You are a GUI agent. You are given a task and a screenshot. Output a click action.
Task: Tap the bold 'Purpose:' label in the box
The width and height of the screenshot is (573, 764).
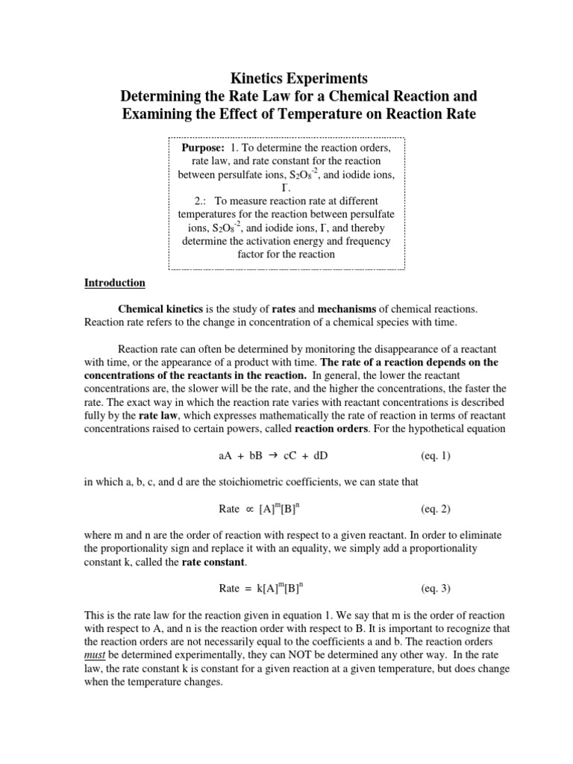204,148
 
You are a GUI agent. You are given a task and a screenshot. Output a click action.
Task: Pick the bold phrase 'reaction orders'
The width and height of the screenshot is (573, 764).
328,429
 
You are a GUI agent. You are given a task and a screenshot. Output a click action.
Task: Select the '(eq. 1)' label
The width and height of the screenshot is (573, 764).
435,456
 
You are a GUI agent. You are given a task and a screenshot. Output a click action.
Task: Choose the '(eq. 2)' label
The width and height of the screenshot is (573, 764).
435,509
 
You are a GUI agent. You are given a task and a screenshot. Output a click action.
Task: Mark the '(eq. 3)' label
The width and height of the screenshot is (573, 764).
435,589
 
